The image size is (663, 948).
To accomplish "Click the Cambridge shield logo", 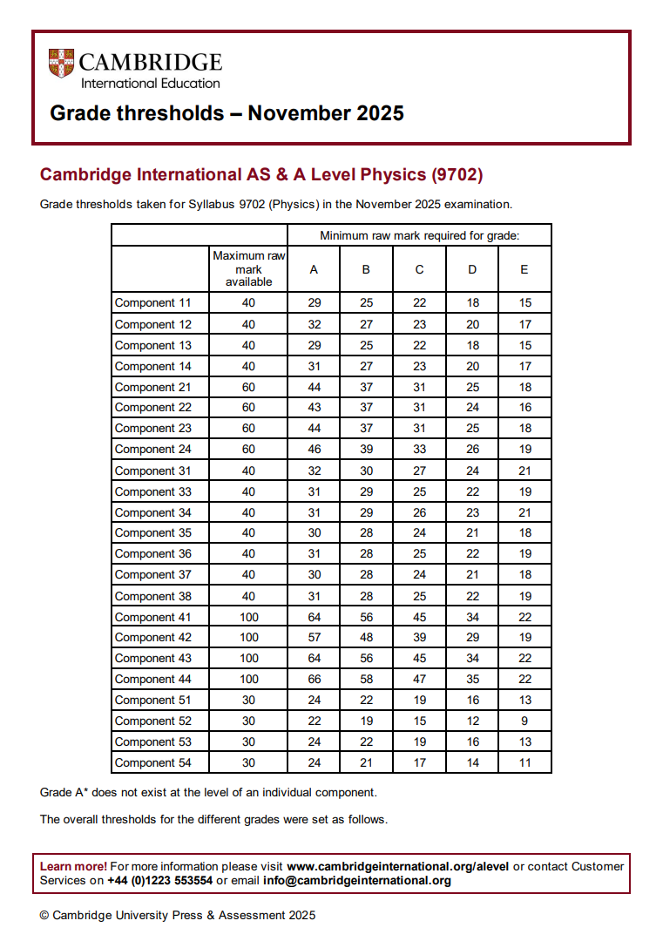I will (x=61, y=64).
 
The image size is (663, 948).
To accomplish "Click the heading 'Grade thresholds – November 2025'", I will (x=227, y=113).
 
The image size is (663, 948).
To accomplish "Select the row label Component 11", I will (x=153, y=303).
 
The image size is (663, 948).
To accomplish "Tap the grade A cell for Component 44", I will (x=314, y=680).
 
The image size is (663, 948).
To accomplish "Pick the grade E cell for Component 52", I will (x=524, y=721).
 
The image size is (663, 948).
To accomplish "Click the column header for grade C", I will (x=419, y=269).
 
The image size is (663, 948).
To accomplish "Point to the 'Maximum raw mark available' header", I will (x=248, y=269).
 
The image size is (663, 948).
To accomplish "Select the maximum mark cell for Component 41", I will (x=248, y=617).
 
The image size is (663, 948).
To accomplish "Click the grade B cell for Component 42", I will (x=366, y=638).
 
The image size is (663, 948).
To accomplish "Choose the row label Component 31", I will (x=153, y=471).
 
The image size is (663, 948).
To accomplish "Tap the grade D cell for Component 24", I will (x=472, y=450).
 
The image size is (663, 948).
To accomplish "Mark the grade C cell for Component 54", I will (x=419, y=763).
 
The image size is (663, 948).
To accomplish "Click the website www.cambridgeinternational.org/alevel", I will (x=397, y=867).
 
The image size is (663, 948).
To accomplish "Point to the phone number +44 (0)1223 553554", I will (x=160, y=881).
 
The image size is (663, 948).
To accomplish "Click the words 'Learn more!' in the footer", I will (x=74, y=867).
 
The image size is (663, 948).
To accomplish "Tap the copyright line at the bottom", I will (x=178, y=916).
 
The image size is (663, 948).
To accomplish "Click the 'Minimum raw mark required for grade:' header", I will (x=419, y=235).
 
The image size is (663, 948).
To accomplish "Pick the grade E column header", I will (x=524, y=269).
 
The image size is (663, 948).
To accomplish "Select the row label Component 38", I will (x=153, y=596).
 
